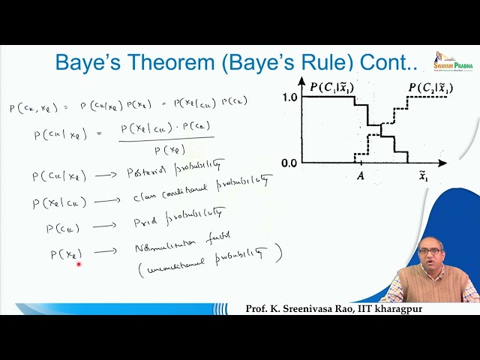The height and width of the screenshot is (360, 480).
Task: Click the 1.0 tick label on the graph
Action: coord(289,97)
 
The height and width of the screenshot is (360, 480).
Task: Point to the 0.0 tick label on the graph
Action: coord(289,162)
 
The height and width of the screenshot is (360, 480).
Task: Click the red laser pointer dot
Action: coord(78,263)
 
